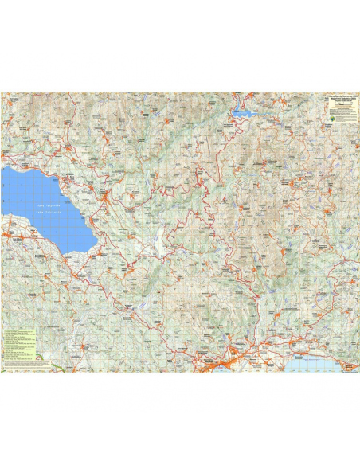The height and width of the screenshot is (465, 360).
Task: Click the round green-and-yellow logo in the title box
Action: pyautogui.click(x=332, y=115)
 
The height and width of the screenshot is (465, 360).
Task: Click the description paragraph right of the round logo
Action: pyautogui.click(x=346, y=115)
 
